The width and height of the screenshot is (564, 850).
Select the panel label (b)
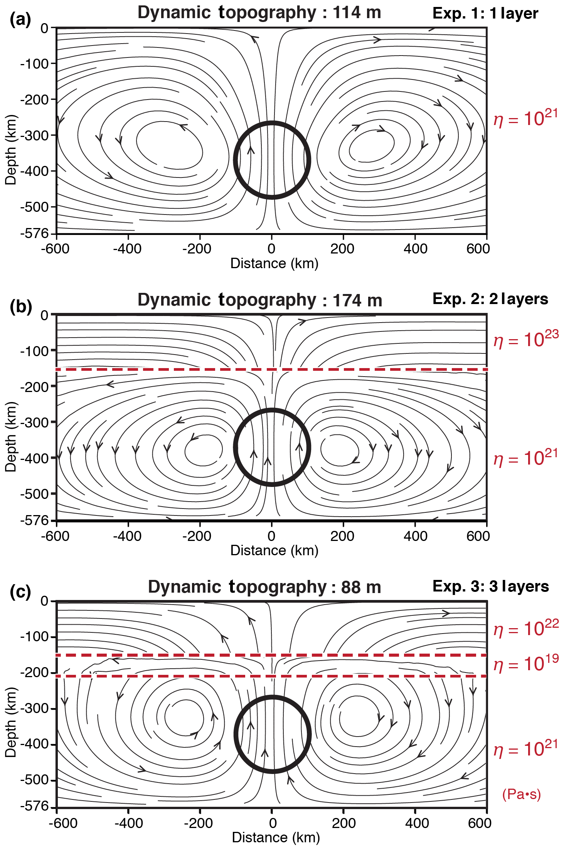coord(20,307)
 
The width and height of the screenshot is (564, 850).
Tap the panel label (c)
coord(20,592)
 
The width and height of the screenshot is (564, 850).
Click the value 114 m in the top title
coord(357,13)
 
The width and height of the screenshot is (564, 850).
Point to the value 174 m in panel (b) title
coord(357,301)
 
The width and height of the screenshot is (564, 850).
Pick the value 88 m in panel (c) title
coord(361,588)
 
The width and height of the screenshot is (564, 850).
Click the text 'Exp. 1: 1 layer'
coord(485,14)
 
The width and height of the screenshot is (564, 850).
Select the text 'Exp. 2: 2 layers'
coord(490,299)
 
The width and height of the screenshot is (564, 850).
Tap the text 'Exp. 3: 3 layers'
coord(490,586)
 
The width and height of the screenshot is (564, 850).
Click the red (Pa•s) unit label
coord(522,794)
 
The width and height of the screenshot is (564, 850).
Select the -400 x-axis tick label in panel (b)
coord(127,536)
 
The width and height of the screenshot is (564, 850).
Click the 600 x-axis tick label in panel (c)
coord(480,823)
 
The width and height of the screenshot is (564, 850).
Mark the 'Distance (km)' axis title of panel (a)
coord(274,264)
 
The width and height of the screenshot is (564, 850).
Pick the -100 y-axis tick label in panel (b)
coord(34,351)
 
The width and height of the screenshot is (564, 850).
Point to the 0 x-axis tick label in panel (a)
coord(271,249)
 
